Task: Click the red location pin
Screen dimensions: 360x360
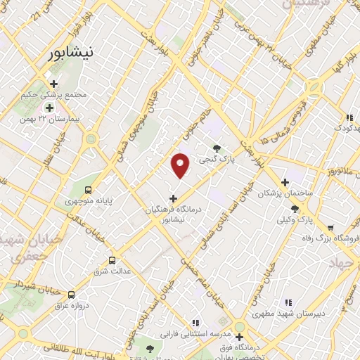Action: (181, 165)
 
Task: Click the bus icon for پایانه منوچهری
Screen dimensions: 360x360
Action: (88, 190)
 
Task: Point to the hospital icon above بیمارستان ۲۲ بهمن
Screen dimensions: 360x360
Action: (50, 108)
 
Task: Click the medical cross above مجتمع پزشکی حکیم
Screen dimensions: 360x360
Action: (53, 84)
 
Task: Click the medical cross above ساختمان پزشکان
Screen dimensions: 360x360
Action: (284, 182)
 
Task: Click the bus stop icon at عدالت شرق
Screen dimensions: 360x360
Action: (112, 259)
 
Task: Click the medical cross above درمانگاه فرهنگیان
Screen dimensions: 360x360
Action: (174, 199)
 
